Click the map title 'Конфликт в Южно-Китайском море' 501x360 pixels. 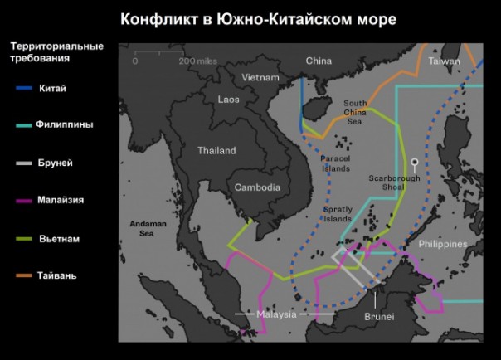(x=258, y=18)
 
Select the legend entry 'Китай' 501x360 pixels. (x=51, y=88)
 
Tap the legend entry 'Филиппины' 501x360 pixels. (x=65, y=124)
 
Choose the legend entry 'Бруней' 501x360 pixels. (x=55, y=163)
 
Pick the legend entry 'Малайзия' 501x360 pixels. (x=60, y=200)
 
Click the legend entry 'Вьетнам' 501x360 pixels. (x=59, y=238)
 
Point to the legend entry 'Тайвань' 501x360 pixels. (x=56, y=275)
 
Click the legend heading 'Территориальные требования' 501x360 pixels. (x=55, y=52)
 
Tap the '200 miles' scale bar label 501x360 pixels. (x=197, y=61)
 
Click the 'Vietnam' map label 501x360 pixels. (x=260, y=77)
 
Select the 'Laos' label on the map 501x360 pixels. (x=228, y=99)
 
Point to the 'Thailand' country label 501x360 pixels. (x=216, y=151)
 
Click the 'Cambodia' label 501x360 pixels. (x=256, y=187)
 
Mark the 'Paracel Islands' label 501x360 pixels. (x=335, y=163)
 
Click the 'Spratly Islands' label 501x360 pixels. (x=338, y=214)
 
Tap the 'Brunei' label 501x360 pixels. (x=378, y=317)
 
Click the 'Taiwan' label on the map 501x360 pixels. (x=444, y=61)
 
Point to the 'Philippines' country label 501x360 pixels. (x=442, y=244)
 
